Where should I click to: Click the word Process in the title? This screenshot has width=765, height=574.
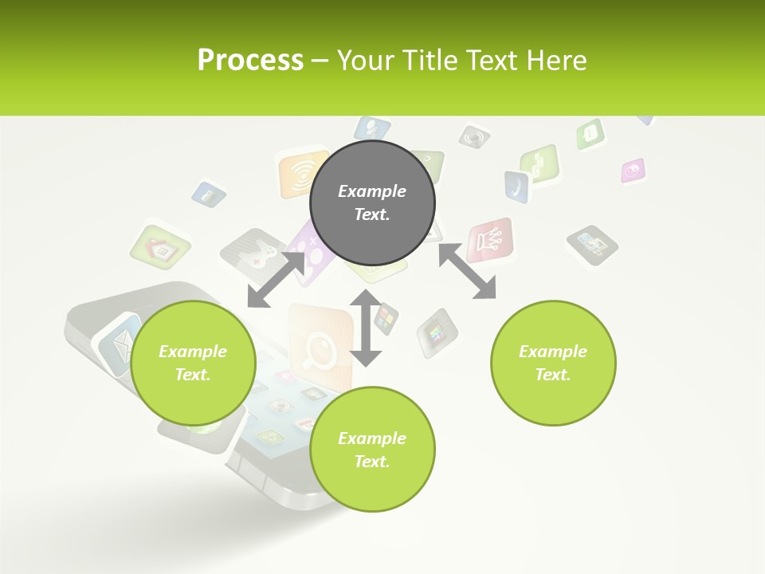click(x=250, y=61)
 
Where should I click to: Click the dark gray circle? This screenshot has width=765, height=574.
click(x=372, y=202)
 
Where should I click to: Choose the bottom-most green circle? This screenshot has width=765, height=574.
click(x=372, y=449)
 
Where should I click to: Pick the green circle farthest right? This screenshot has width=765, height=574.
click(x=553, y=363)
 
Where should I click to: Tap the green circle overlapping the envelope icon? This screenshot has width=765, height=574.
click(x=193, y=363)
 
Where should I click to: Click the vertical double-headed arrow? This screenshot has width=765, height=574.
click(x=366, y=328)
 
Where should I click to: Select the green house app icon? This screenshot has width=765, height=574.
click(x=160, y=248)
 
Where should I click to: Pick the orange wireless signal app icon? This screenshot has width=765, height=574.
click(x=303, y=173)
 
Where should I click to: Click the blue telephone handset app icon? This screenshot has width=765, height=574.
click(x=516, y=186)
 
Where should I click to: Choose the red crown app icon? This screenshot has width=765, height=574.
click(x=489, y=240)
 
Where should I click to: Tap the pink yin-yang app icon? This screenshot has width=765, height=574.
click(x=633, y=171)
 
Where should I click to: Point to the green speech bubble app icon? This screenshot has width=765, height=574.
click(x=590, y=133)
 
